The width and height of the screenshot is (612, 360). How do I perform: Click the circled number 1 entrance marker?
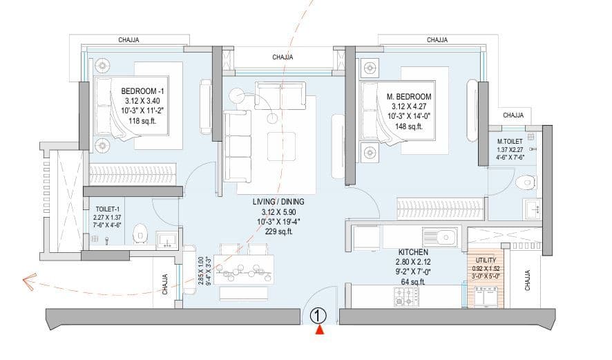pos(317,316)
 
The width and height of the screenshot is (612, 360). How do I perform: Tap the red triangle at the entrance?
pos(318,331)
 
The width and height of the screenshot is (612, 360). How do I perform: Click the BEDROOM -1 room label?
pos(142,91)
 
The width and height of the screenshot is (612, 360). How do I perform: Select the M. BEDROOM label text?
pos(409,97)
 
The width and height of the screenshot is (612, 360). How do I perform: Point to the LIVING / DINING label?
pos(278,201)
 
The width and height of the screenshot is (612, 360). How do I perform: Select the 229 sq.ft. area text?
pos(278,232)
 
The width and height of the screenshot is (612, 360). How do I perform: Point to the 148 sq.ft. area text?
pos(409,126)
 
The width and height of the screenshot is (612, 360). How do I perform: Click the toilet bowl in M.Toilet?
pos(527,182)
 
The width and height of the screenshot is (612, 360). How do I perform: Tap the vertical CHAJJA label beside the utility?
pos(527,281)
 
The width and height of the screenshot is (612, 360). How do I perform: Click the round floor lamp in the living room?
pos(238,97)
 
